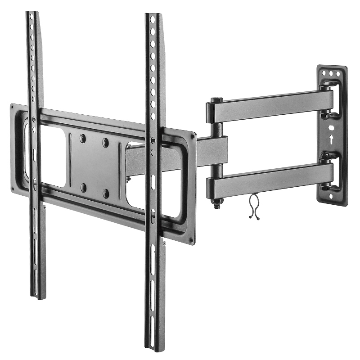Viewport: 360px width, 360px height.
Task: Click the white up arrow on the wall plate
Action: (332, 140)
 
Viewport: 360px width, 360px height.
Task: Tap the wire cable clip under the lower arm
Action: (254, 207)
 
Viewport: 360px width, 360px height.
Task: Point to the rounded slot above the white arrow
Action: (332, 128)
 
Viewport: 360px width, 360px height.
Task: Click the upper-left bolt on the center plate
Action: (83, 139)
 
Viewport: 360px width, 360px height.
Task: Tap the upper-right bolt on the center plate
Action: (105, 143)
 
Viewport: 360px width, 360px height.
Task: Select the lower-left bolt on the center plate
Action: (83, 187)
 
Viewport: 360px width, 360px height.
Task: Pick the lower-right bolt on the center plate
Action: (105, 193)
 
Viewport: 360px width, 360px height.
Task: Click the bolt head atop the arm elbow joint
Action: (216, 100)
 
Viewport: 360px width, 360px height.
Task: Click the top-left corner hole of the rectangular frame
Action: (13, 108)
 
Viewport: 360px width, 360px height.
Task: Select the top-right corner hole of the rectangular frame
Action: (193, 135)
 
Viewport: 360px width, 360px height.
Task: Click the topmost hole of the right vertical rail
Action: (152, 20)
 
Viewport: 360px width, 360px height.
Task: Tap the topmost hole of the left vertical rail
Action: (31, 17)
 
